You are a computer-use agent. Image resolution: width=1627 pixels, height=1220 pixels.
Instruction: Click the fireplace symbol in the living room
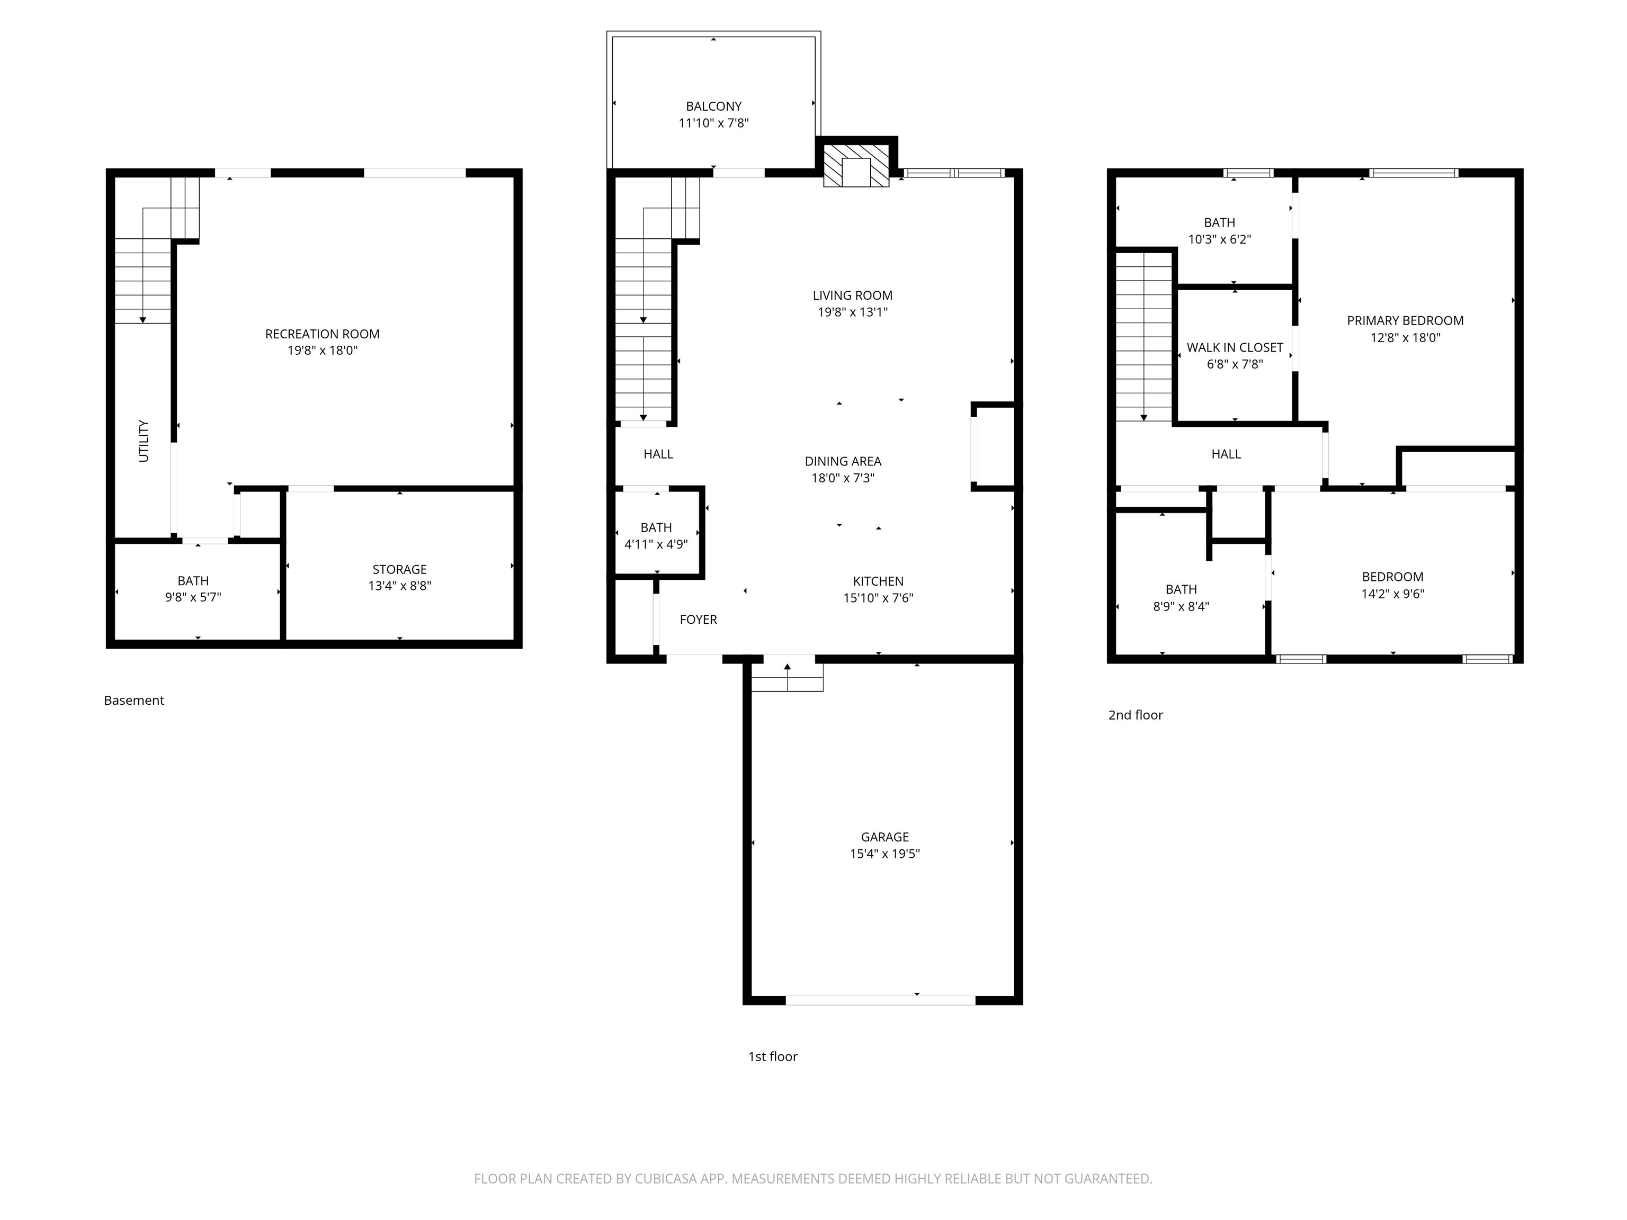856,165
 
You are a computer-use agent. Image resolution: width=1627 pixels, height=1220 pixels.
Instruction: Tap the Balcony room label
713,106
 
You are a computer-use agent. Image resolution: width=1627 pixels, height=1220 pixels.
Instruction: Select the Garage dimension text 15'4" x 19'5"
885,854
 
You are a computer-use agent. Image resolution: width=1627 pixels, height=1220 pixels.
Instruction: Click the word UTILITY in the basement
144,441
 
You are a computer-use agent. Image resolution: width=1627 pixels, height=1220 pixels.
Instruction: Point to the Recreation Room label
322,334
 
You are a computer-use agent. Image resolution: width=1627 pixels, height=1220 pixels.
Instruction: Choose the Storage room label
399,569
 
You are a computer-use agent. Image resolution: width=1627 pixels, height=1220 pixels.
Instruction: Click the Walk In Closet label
1235,347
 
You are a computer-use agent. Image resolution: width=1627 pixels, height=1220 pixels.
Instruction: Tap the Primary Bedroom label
1405,321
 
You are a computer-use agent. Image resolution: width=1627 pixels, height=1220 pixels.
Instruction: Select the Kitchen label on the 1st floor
878,581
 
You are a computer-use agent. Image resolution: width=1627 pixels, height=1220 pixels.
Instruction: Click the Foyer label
698,619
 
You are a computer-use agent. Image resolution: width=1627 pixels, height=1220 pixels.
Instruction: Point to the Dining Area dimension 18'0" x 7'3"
843,478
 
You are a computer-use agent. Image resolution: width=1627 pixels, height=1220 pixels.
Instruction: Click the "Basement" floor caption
134,700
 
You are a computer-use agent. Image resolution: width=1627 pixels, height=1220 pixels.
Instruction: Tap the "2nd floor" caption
1136,715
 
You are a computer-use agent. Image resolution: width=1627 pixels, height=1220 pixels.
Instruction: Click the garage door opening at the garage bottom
880,1000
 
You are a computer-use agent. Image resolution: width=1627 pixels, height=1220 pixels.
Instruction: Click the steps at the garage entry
787,677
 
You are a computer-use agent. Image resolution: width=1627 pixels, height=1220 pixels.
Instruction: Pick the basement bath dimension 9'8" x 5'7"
193,597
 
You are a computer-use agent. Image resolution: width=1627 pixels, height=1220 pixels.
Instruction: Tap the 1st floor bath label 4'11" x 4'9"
656,544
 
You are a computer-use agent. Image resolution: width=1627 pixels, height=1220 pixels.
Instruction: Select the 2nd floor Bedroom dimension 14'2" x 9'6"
1392,594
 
